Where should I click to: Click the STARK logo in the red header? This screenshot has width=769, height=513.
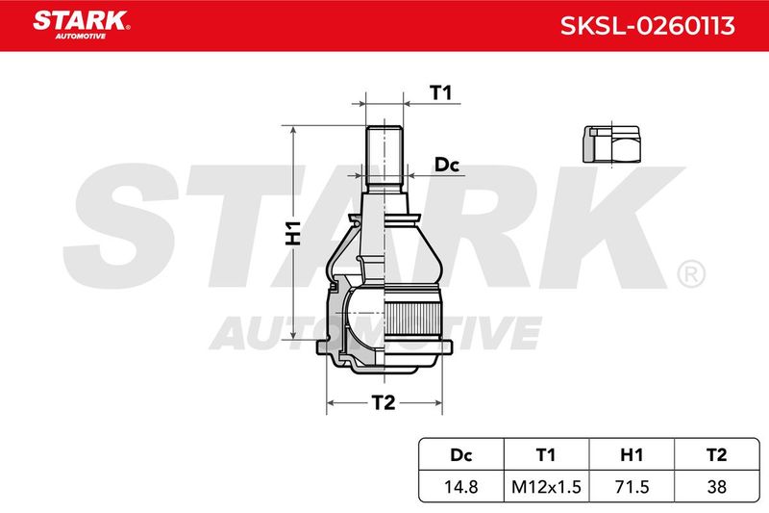coord(82,25)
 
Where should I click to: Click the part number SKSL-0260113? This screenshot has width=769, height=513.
coord(647,26)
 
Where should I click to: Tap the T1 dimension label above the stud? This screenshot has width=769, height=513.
coord(440,92)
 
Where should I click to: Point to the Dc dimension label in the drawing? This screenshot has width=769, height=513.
coord(447,165)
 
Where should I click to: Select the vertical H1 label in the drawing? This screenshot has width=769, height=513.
coord(293,233)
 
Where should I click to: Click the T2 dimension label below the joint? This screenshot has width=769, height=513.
coord(383,402)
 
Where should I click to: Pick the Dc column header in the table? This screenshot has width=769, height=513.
coord(461,455)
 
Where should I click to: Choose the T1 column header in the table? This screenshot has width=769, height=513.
coord(546,455)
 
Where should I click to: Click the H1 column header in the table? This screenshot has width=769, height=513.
coord(632,455)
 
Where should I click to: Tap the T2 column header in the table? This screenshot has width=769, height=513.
coord(716,455)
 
